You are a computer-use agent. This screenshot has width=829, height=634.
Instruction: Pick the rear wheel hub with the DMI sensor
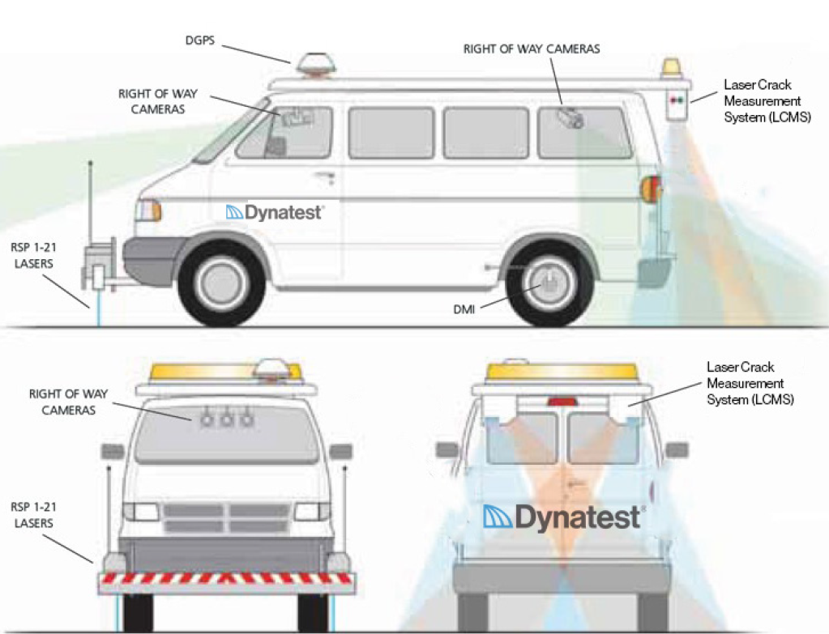pos(545,282)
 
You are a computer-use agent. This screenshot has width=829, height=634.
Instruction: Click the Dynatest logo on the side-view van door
pos(275,212)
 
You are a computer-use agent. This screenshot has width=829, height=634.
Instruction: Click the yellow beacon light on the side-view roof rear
pos(672,68)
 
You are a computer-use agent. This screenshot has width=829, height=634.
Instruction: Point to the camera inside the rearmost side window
pos(570,118)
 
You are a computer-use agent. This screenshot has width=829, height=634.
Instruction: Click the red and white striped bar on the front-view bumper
pos(227,580)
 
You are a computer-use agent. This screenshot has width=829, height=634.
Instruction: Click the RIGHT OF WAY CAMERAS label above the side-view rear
pos(532,49)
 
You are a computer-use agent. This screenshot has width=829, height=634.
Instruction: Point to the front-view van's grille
pos(227,518)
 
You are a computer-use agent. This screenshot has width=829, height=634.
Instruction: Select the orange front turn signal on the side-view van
pos(150,211)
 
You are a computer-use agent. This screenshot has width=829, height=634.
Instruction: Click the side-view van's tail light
pos(650,191)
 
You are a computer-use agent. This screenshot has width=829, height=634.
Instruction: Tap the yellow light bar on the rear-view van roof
pos(562,372)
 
